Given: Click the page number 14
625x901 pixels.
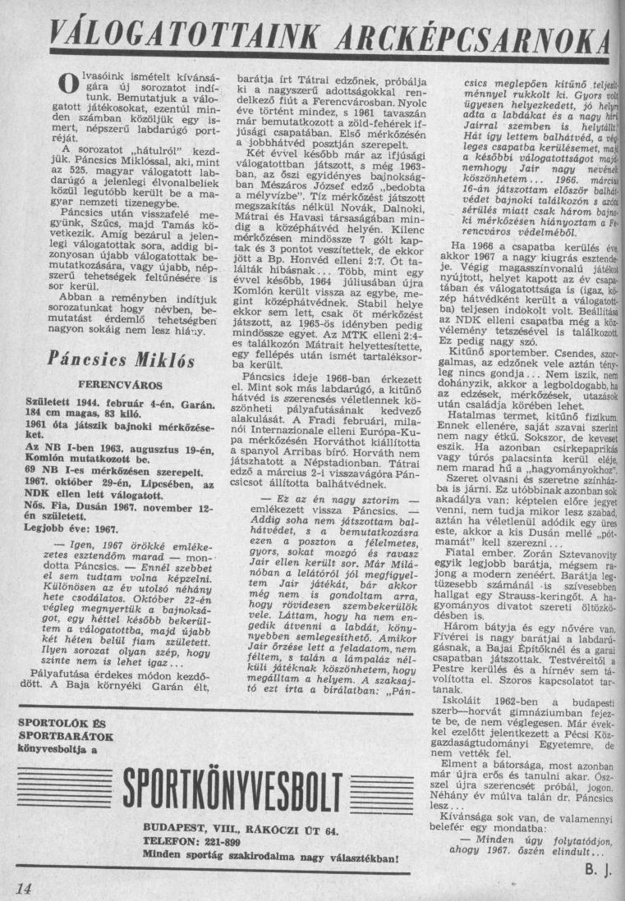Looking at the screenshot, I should pyautogui.click(x=23, y=889).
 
